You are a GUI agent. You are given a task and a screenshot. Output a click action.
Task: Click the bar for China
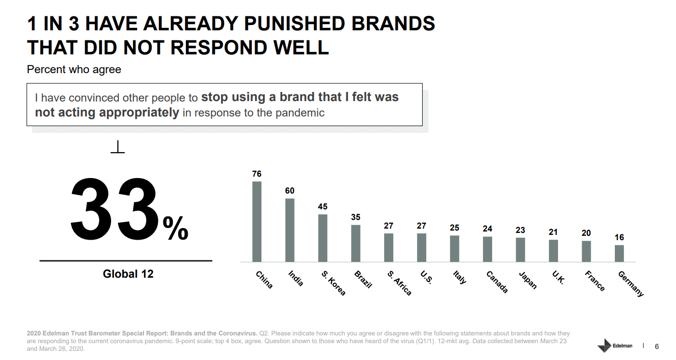pyautogui.click(x=257, y=221)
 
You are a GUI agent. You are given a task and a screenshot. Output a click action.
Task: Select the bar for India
pyautogui.click(x=290, y=230)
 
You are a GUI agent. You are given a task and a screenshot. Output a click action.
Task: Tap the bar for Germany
pyautogui.click(x=619, y=254)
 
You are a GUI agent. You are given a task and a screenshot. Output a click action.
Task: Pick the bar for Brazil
pyautogui.click(x=355, y=243)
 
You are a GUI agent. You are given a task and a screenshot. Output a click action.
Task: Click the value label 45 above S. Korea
pyautogui.click(x=323, y=206)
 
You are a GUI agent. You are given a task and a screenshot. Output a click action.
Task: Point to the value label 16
pyautogui.click(x=619, y=237)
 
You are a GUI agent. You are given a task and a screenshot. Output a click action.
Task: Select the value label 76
pyautogui.click(x=257, y=174)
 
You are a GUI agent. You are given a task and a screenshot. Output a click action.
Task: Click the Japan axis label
pyautogui.click(x=528, y=280)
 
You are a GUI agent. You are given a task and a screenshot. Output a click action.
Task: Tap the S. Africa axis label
pyautogui.click(x=399, y=283)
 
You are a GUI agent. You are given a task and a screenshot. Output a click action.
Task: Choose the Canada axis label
pyautogui.click(x=497, y=282)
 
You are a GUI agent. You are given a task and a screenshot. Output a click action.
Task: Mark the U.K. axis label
pyautogui.click(x=558, y=277)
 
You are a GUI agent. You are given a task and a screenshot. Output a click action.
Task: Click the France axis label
pyautogui.click(x=595, y=281)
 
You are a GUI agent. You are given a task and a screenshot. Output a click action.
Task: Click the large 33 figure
pyautogui.click(x=114, y=209)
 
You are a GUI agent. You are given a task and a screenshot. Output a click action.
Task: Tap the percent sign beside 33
pyautogui.click(x=175, y=228)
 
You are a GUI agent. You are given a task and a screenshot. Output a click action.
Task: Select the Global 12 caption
pyautogui.click(x=128, y=274)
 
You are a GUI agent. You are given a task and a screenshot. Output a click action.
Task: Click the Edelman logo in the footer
pyautogui.click(x=615, y=346)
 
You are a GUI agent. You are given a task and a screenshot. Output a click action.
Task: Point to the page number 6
pyautogui.click(x=657, y=347)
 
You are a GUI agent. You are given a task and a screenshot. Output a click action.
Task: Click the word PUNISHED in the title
pyautogui.click(x=294, y=24)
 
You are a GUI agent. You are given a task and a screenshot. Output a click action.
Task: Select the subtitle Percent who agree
pyautogui.click(x=74, y=69)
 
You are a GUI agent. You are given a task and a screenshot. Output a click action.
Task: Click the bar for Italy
pyautogui.click(x=455, y=249)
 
